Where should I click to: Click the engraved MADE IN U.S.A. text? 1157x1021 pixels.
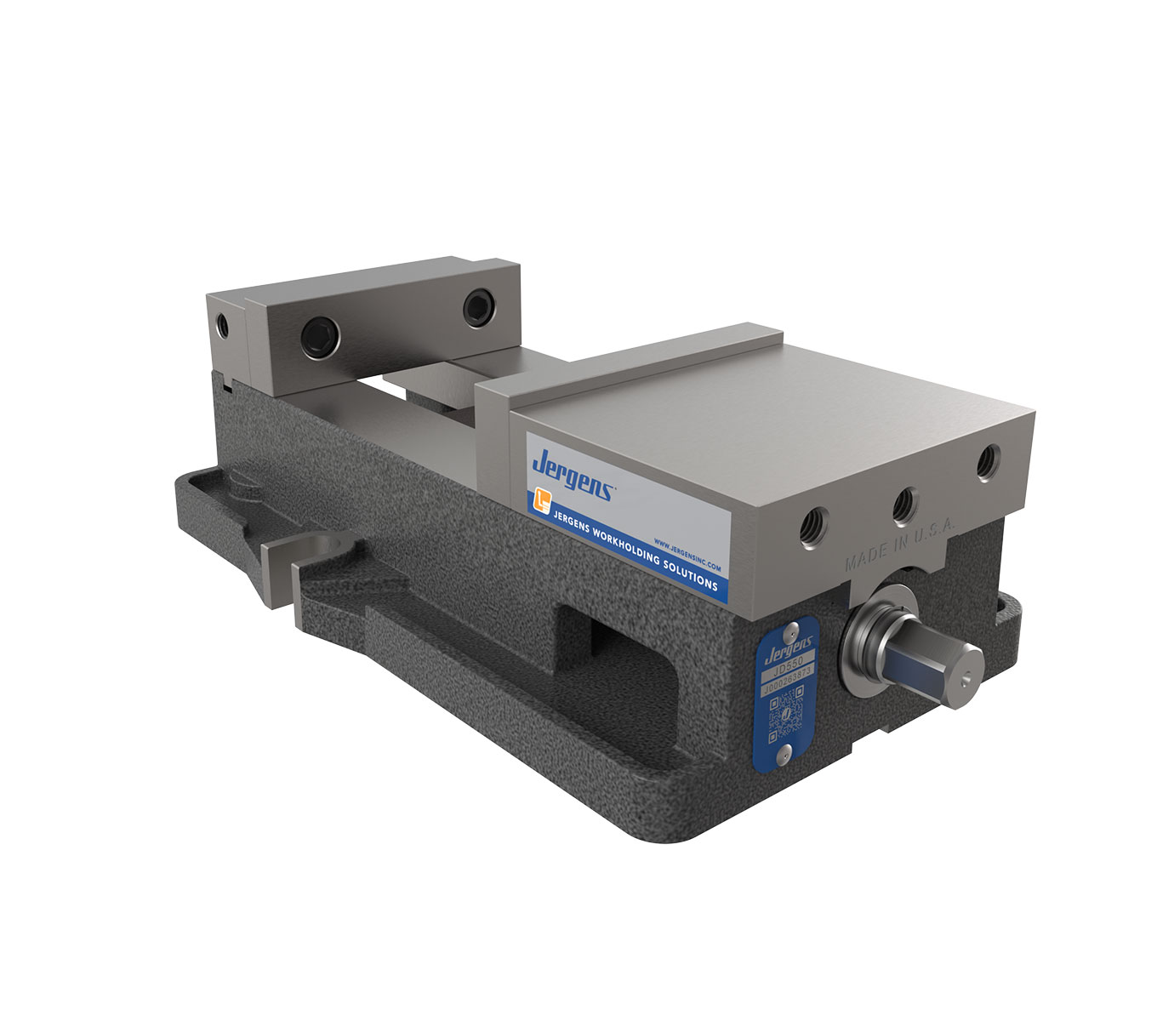click(900, 545)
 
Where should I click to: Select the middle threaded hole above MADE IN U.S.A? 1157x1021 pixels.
click(903, 505)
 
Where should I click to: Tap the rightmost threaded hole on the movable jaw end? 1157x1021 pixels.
click(987, 465)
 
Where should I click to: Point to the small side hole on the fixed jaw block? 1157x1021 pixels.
click(223, 325)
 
